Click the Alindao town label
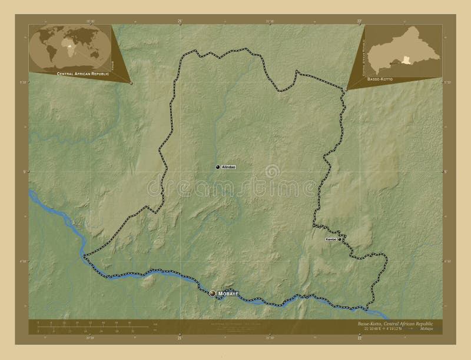point(228,168)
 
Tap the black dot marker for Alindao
point(217,168)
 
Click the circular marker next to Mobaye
point(213,292)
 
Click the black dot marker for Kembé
point(340,239)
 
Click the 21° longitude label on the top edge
point(179,20)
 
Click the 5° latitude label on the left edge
point(25,172)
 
